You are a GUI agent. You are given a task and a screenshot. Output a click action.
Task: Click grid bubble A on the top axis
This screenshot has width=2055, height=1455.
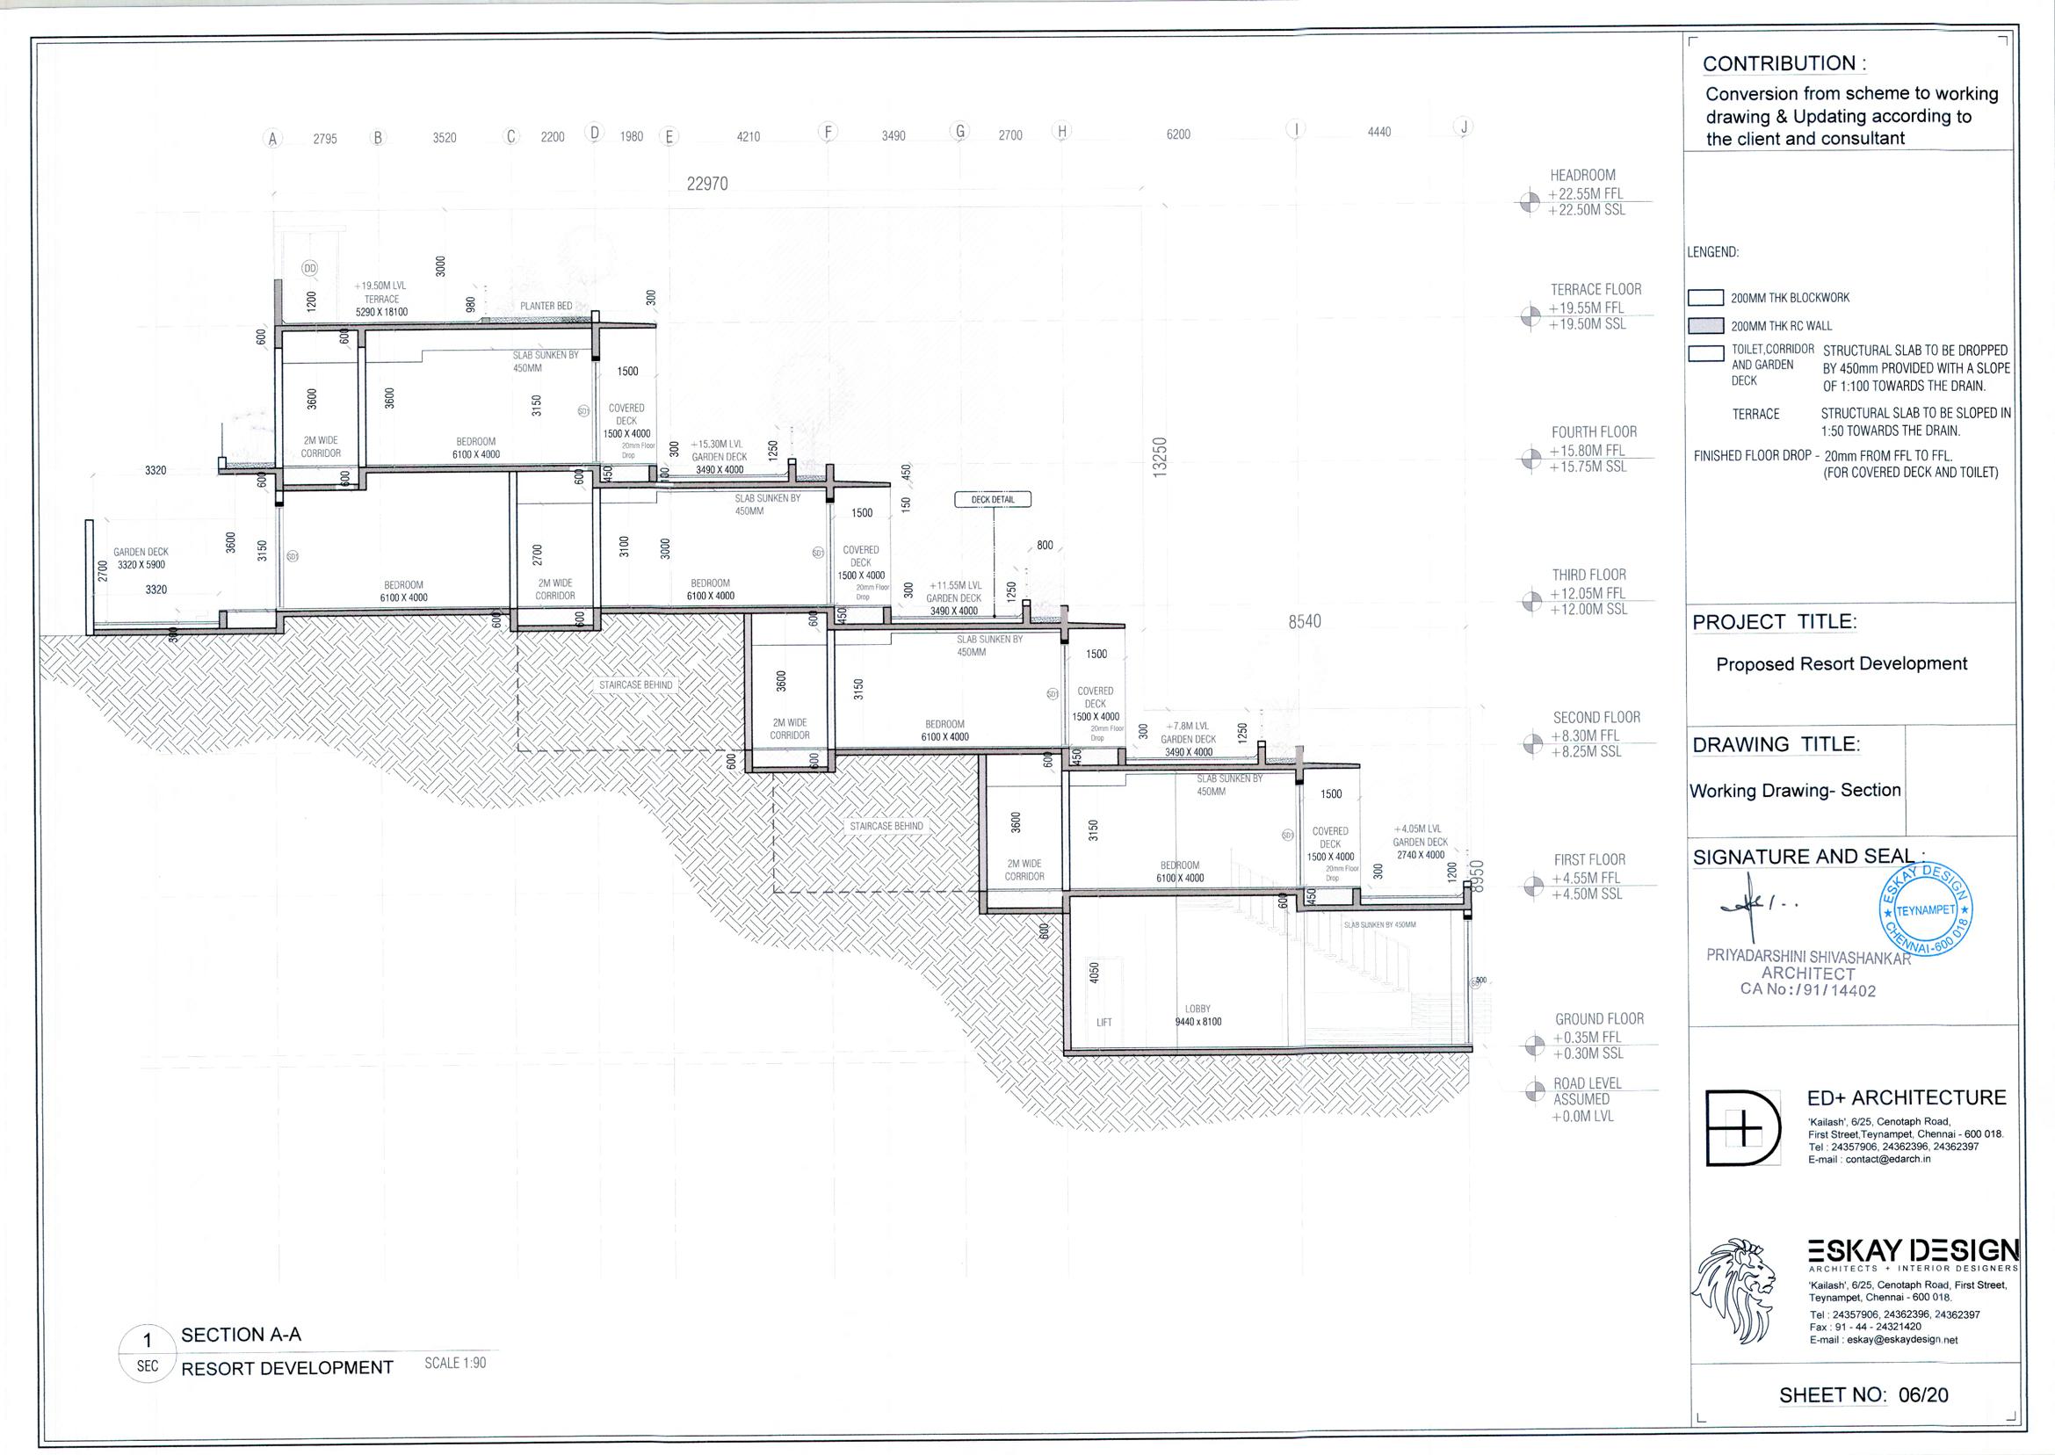pyautogui.click(x=273, y=138)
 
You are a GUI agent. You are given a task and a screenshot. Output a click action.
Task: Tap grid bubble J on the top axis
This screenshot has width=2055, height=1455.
pyautogui.click(x=1463, y=127)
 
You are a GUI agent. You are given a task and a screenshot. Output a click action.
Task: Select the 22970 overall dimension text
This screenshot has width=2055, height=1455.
pyautogui.click(x=706, y=185)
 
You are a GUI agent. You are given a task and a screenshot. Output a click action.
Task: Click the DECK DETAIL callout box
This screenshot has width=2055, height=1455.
pyautogui.click(x=993, y=499)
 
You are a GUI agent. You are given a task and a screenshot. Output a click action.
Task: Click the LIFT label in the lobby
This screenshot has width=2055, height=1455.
pyautogui.click(x=1103, y=1022)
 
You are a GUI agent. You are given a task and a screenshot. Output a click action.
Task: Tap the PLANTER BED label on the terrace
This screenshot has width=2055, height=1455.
pyautogui.click(x=546, y=307)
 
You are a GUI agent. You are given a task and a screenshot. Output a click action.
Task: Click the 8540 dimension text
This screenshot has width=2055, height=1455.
pyautogui.click(x=1305, y=622)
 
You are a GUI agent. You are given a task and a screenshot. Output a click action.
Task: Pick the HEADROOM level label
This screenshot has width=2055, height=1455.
pyautogui.click(x=1583, y=176)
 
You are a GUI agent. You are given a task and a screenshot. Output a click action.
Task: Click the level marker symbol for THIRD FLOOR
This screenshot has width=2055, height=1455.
pyautogui.click(x=1531, y=602)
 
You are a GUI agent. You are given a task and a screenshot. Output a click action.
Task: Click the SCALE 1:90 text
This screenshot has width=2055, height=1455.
pyautogui.click(x=455, y=1363)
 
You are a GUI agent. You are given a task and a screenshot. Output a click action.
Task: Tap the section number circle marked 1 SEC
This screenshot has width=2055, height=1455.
pyautogui.click(x=148, y=1353)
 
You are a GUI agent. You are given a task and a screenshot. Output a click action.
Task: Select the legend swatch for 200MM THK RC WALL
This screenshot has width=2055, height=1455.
pyautogui.click(x=1705, y=325)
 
